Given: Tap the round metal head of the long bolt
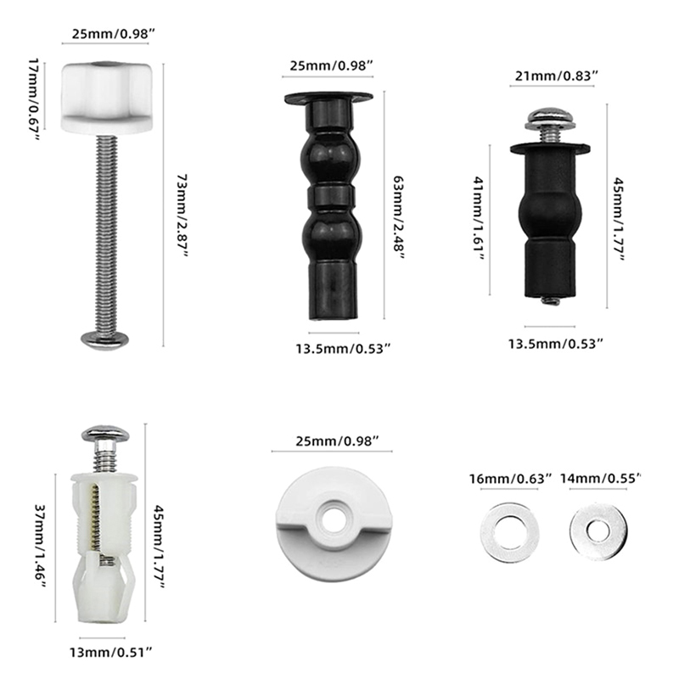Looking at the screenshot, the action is (x=104, y=339).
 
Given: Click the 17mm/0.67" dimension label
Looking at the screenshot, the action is (x=34, y=99).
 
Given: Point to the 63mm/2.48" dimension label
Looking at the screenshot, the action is (x=398, y=216).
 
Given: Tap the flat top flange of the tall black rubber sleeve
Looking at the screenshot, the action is (x=328, y=98).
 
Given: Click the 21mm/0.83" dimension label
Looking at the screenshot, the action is (x=556, y=76).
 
